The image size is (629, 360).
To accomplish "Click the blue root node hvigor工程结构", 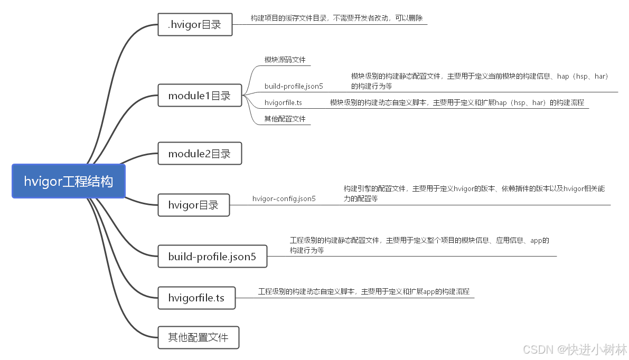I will [x=68, y=181].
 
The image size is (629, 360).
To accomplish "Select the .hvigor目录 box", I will [x=195, y=24].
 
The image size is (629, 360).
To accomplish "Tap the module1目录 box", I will [x=199, y=96].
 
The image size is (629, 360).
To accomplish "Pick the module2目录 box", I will [x=199, y=154].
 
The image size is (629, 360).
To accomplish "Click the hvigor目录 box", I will [x=193, y=205].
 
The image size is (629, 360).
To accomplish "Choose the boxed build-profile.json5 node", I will [x=212, y=257].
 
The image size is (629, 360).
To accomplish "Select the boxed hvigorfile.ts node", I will [x=196, y=298].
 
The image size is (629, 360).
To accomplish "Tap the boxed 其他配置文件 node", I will [x=198, y=337].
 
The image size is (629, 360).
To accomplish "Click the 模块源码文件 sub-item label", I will [x=285, y=60].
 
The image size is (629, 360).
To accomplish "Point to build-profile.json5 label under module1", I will [x=294, y=86].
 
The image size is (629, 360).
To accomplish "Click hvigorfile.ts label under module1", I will [x=283, y=103].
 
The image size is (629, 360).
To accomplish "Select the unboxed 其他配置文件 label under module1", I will [x=285, y=119].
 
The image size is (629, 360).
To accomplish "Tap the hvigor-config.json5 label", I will [x=284, y=199].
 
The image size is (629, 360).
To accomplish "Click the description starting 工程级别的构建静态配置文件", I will [x=419, y=245].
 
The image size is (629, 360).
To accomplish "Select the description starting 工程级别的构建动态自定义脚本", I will [x=363, y=291].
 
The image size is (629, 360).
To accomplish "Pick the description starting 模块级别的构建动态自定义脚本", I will [x=457, y=103].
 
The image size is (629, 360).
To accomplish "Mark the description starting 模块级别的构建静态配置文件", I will [x=480, y=81].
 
